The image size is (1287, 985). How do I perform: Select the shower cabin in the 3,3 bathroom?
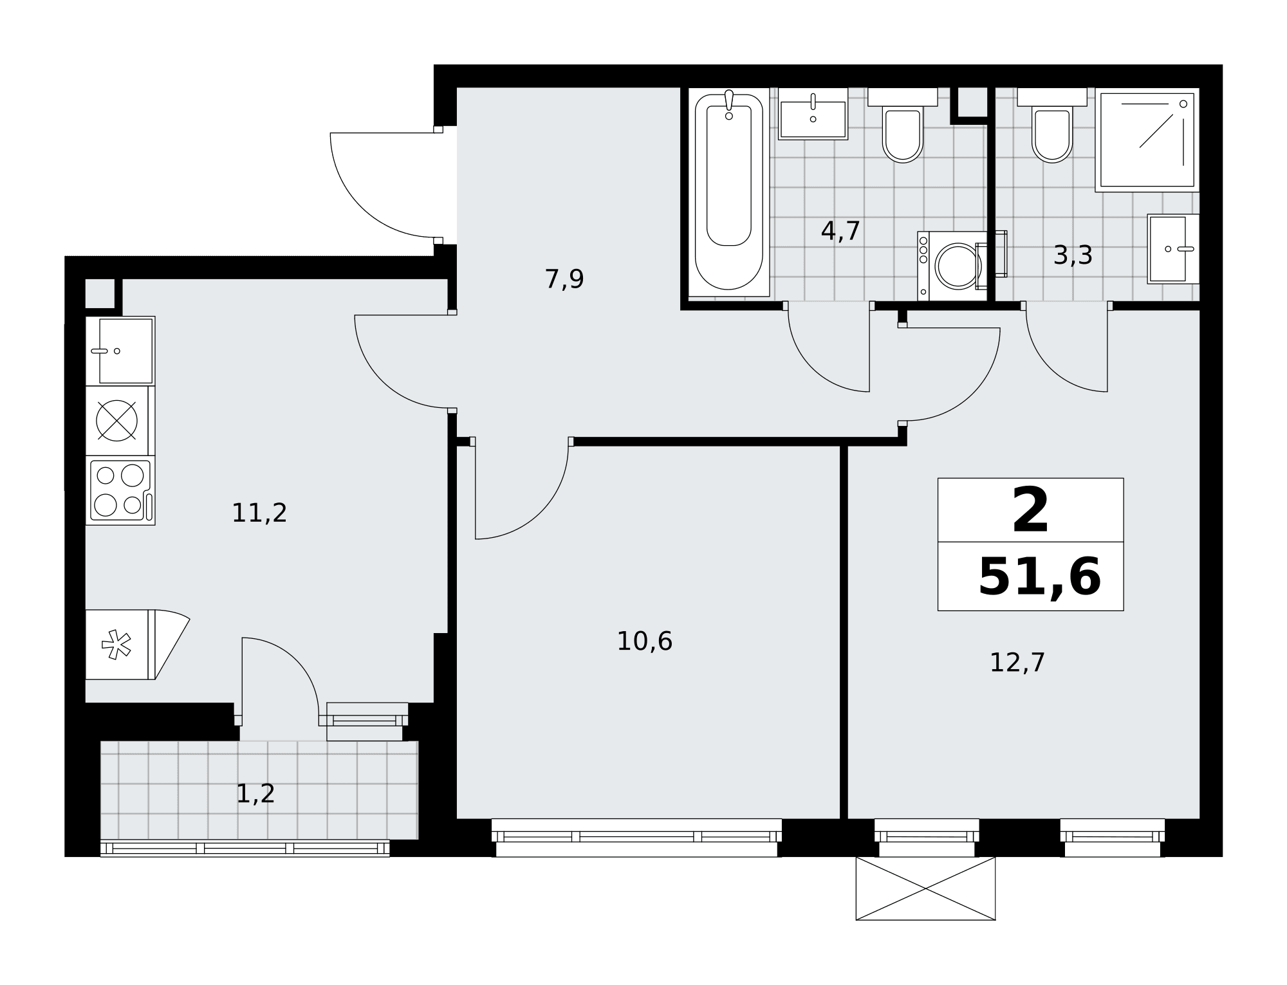1147,140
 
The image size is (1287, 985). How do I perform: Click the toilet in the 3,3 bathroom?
1051,125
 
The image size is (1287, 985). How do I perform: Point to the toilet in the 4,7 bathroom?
902,125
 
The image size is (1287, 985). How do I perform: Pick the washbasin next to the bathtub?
813,114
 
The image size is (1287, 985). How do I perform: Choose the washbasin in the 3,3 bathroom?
1173,249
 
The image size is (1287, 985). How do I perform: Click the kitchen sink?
120,351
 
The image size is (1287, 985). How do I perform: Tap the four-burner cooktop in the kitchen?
120,490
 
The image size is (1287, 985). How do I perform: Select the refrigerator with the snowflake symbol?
120,644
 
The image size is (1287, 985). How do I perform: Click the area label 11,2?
259,513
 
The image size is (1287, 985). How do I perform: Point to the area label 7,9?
564,279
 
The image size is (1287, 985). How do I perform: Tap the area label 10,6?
644,641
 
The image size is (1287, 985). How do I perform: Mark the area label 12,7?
1017,663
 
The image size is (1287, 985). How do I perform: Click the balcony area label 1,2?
255,794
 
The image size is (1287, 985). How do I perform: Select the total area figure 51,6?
1039,577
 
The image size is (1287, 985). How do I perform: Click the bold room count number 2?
1030,510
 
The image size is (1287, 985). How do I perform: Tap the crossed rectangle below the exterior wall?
925,888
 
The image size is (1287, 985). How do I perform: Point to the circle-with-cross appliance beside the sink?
116,421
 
